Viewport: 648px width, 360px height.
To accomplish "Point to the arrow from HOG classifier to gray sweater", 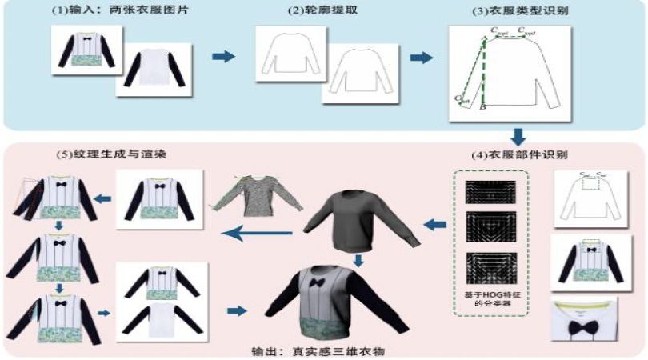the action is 432,226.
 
